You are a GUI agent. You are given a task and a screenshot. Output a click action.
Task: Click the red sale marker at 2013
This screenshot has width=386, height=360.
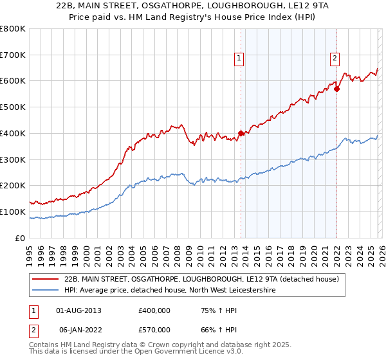241,134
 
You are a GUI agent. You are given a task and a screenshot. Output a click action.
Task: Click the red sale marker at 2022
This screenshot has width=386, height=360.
336,89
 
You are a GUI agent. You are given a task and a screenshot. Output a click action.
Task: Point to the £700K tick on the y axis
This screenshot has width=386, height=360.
13,55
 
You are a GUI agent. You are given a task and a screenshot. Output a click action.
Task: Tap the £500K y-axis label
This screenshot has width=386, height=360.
13,107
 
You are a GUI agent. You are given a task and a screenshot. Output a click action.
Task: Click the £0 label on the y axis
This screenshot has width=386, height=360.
19,238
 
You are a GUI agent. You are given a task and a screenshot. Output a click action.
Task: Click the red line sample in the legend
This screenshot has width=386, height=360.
46,279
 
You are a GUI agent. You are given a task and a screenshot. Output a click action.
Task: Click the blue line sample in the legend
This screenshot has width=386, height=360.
46,291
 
